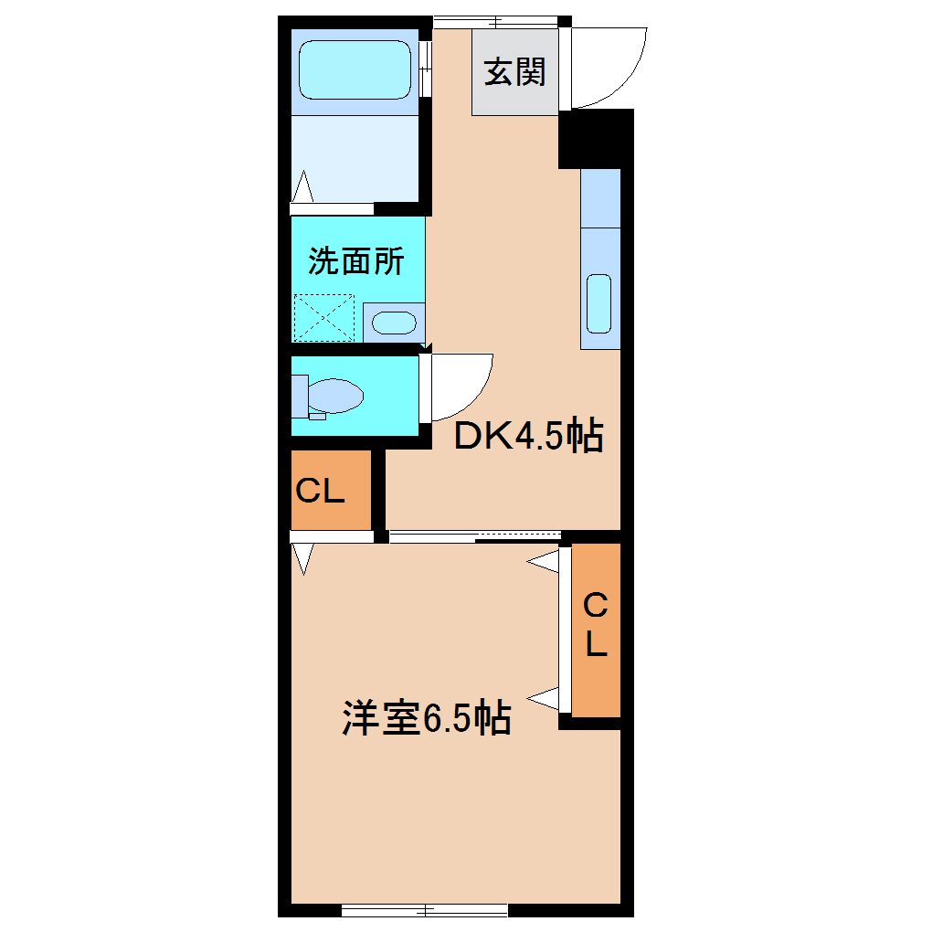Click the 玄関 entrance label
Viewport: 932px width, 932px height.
click(x=514, y=72)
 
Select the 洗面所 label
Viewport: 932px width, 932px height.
click(x=355, y=262)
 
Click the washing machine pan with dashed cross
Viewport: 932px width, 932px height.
click(x=324, y=318)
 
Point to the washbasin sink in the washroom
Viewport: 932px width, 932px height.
click(x=394, y=323)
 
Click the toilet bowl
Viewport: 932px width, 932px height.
click(x=334, y=397)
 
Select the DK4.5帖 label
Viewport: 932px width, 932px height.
click(x=529, y=437)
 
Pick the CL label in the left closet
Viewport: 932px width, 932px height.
click(x=320, y=492)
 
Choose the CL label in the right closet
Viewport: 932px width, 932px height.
click(x=596, y=626)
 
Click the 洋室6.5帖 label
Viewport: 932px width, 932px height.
click(x=426, y=718)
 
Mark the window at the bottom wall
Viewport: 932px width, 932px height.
click(x=424, y=909)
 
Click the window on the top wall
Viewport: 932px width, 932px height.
click(x=495, y=21)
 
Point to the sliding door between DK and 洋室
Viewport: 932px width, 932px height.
click(x=475, y=537)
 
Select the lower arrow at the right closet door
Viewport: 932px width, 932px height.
click(x=545, y=699)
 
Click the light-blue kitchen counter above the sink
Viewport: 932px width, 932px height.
click(x=600, y=198)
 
